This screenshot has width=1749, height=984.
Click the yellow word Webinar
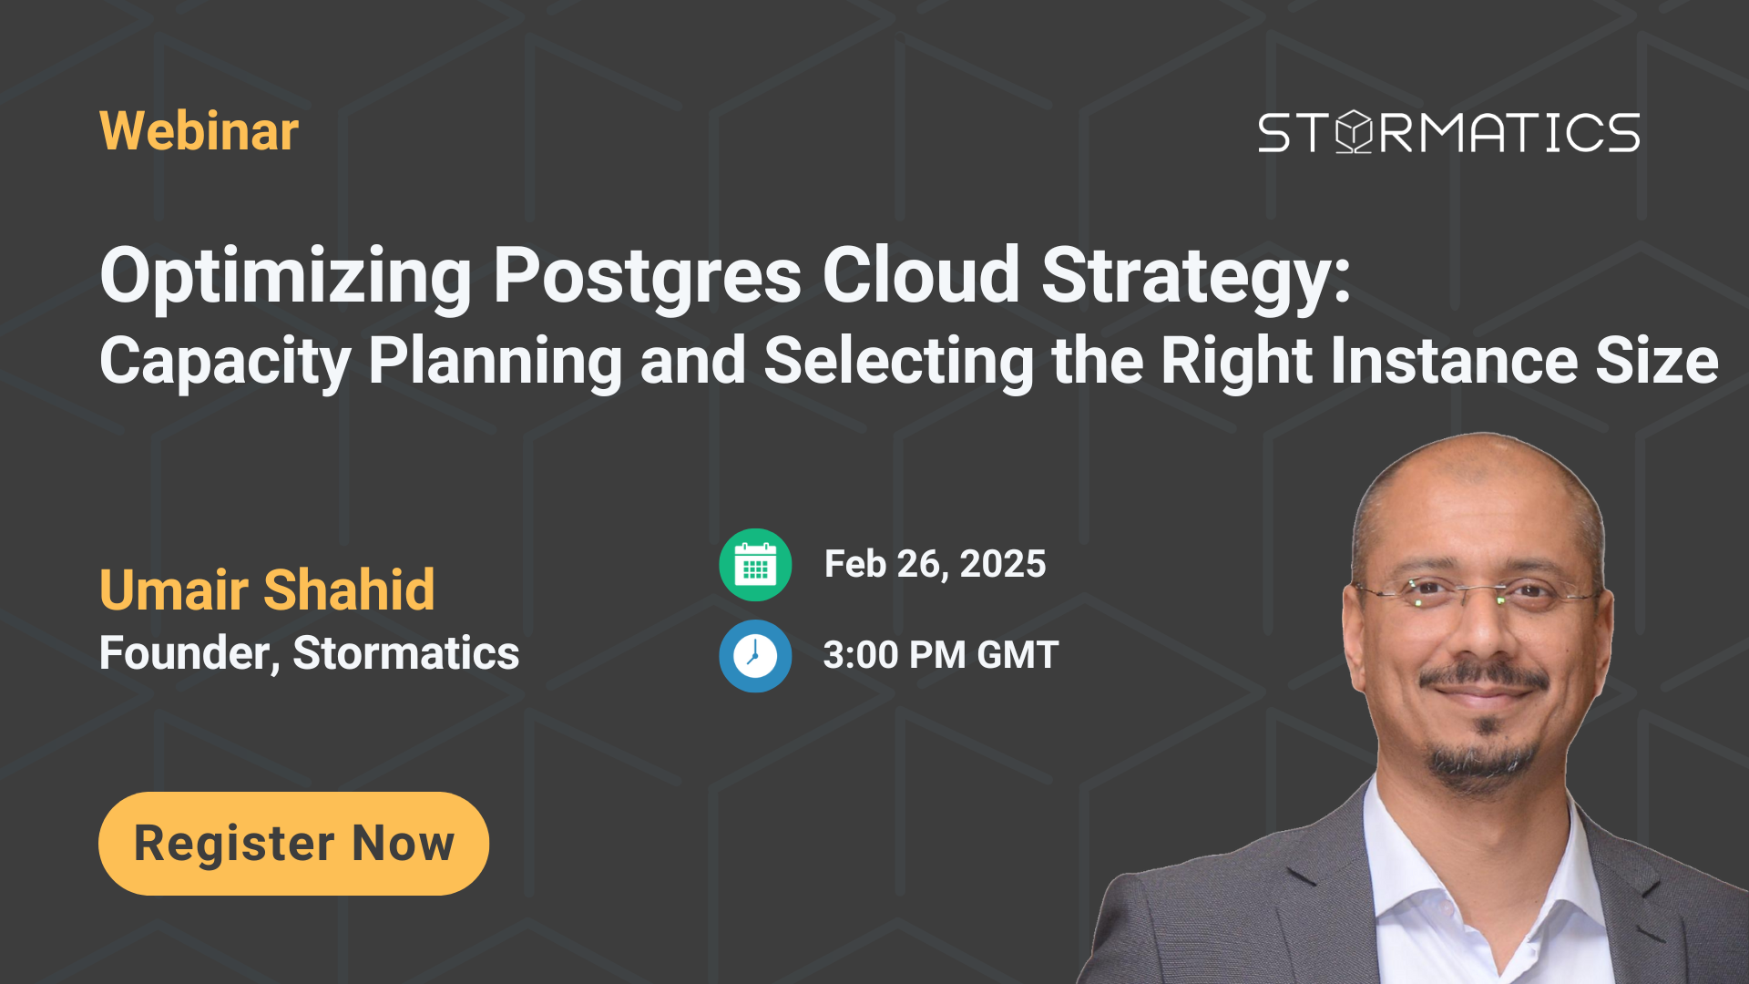click(199, 131)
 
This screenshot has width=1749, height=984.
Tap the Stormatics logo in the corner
click(1448, 133)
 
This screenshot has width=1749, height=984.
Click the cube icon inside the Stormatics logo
click(1355, 133)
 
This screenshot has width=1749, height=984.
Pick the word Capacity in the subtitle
click(224, 362)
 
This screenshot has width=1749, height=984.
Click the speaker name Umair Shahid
click(267, 589)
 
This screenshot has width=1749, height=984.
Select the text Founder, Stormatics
click(309, 653)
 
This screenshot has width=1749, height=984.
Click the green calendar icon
click(755, 565)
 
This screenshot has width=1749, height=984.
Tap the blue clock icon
click(755, 656)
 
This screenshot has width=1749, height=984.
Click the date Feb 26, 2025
click(935, 564)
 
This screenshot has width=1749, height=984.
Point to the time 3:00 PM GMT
click(940, 655)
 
